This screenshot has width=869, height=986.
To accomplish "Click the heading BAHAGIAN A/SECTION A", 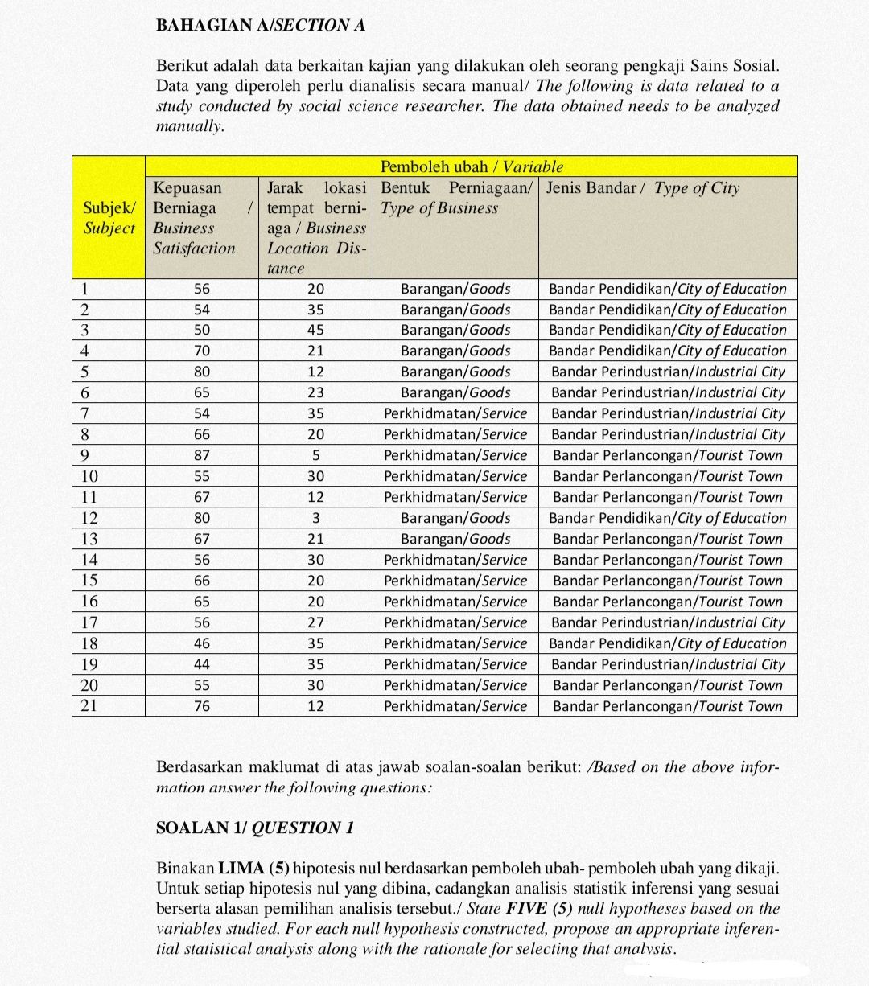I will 260,25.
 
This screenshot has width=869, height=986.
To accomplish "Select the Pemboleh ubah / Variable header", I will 471,166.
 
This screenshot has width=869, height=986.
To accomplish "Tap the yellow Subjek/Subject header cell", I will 109,218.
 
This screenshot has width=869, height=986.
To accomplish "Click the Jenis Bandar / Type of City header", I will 642,188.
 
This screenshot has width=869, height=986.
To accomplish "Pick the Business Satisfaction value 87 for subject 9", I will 202,455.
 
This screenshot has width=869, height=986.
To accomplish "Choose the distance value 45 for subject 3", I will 315,330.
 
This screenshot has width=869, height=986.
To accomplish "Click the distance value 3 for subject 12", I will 315,518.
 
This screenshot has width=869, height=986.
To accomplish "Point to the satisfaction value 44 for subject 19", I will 202,664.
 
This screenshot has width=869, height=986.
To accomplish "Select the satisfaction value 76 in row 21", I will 202,706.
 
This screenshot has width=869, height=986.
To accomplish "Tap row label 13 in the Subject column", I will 89,539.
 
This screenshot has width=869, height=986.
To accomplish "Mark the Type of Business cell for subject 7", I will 455,413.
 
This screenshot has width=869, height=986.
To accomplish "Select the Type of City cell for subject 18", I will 668,643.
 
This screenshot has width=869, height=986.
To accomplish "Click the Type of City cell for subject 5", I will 668,372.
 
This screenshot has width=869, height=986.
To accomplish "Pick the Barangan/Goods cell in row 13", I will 455,539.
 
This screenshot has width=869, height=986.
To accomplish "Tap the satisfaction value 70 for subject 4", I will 202,351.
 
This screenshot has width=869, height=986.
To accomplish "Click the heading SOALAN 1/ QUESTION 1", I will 254,828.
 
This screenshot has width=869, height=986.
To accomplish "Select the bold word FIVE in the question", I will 526,909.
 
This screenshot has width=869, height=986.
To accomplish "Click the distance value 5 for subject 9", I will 315,455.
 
